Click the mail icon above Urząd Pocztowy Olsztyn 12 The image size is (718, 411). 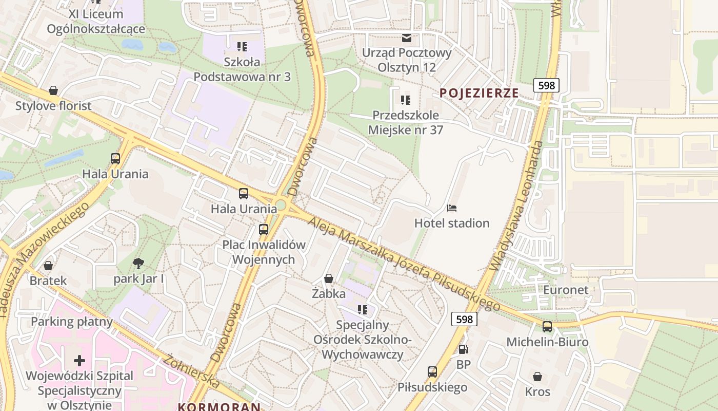click(407, 38)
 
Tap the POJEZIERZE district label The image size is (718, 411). click(479, 93)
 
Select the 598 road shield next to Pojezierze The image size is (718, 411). click(546, 85)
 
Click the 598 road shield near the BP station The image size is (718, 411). click(464, 320)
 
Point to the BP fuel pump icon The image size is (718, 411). click(463, 349)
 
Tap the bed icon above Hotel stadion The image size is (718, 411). click(452, 208)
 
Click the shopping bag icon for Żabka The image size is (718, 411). click(329, 278)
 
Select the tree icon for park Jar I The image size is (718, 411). click(138, 264)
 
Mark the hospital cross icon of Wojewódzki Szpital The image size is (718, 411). click(79, 360)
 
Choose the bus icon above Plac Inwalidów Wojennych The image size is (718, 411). click(264, 230)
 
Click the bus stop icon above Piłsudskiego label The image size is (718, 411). click(432, 372)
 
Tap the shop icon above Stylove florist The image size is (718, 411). click(53, 91)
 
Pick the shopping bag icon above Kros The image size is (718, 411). click(537, 377)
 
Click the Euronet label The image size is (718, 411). click(566, 290)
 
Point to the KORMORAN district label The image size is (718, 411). click(219, 407)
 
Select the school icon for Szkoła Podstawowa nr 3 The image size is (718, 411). click(242, 47)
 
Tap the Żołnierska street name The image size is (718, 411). click(191, 371)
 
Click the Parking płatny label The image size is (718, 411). click(72, 322)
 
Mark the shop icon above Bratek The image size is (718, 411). click(48, 266)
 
